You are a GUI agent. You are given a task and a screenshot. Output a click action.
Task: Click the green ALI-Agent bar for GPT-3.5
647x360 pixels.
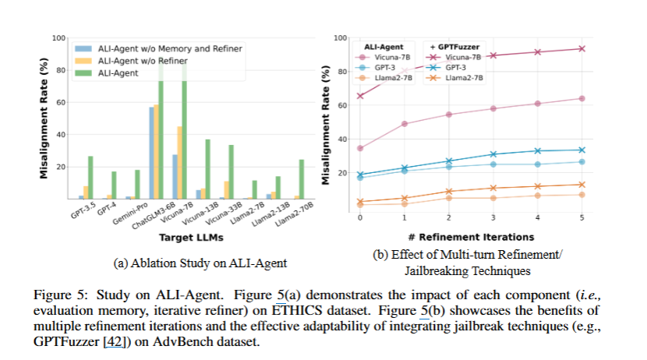pos(90,178)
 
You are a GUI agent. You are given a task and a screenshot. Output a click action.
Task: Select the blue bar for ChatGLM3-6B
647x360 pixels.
pos(151,153)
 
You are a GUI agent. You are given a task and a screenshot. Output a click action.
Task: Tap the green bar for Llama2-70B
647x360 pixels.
pos(279,179)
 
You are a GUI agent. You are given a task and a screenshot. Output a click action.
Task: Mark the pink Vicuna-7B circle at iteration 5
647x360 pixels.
pos(580,98)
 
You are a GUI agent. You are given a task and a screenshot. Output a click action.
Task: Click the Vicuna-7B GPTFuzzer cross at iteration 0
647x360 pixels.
pos(359,96)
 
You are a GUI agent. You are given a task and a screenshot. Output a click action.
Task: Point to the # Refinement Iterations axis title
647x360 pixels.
pos(469,236)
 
